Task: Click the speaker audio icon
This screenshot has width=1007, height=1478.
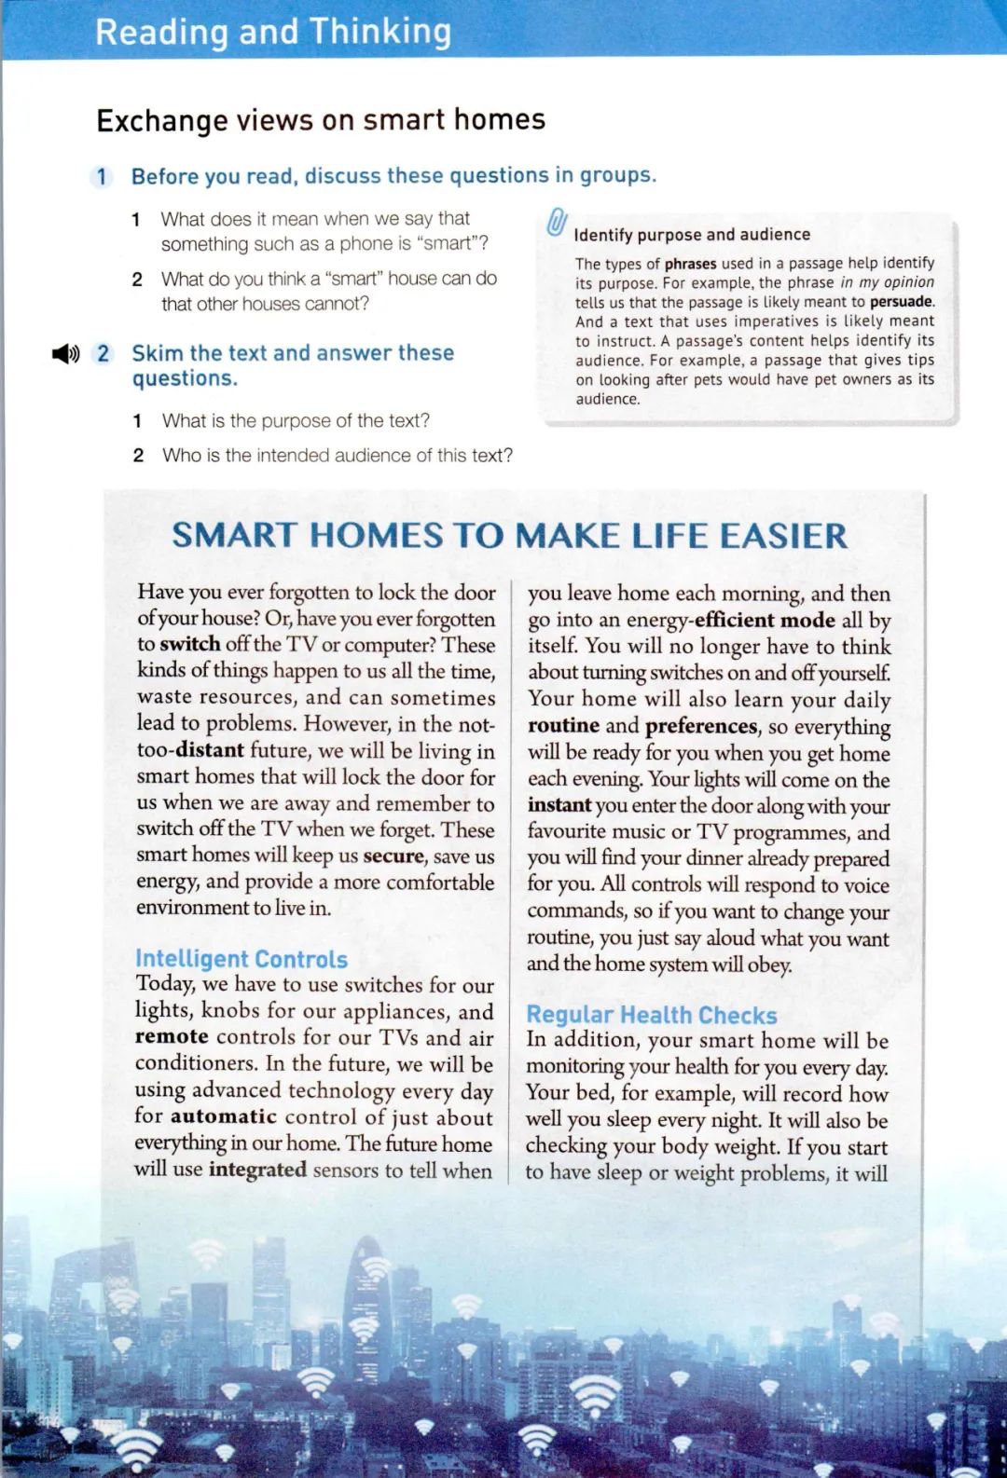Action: coord(65,354)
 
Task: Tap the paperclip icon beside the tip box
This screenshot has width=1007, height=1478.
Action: coord(557,223)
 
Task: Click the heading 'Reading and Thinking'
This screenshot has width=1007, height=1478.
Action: coord(273,32)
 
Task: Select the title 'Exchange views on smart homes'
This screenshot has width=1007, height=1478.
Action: coord(321,120)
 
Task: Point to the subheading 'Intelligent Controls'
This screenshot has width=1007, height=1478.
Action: coord(241,959)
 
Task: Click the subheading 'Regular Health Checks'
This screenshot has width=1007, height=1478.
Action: coord(651,1015)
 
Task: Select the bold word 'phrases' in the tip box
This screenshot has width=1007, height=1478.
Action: coord(691,264)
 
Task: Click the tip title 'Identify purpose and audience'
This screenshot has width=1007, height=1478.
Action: coord(692,235)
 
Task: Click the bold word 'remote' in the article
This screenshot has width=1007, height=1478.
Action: coord(172,1036)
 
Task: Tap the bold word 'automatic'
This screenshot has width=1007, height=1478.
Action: coord(224,1116)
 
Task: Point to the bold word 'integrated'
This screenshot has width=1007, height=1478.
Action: coord(257,1169)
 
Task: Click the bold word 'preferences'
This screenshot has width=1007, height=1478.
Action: coord(701,726)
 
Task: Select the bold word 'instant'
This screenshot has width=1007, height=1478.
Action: coord(559,805)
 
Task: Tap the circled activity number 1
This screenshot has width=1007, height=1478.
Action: coord(102,177)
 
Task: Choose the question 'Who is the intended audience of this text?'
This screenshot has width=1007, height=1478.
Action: coord(337,456)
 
